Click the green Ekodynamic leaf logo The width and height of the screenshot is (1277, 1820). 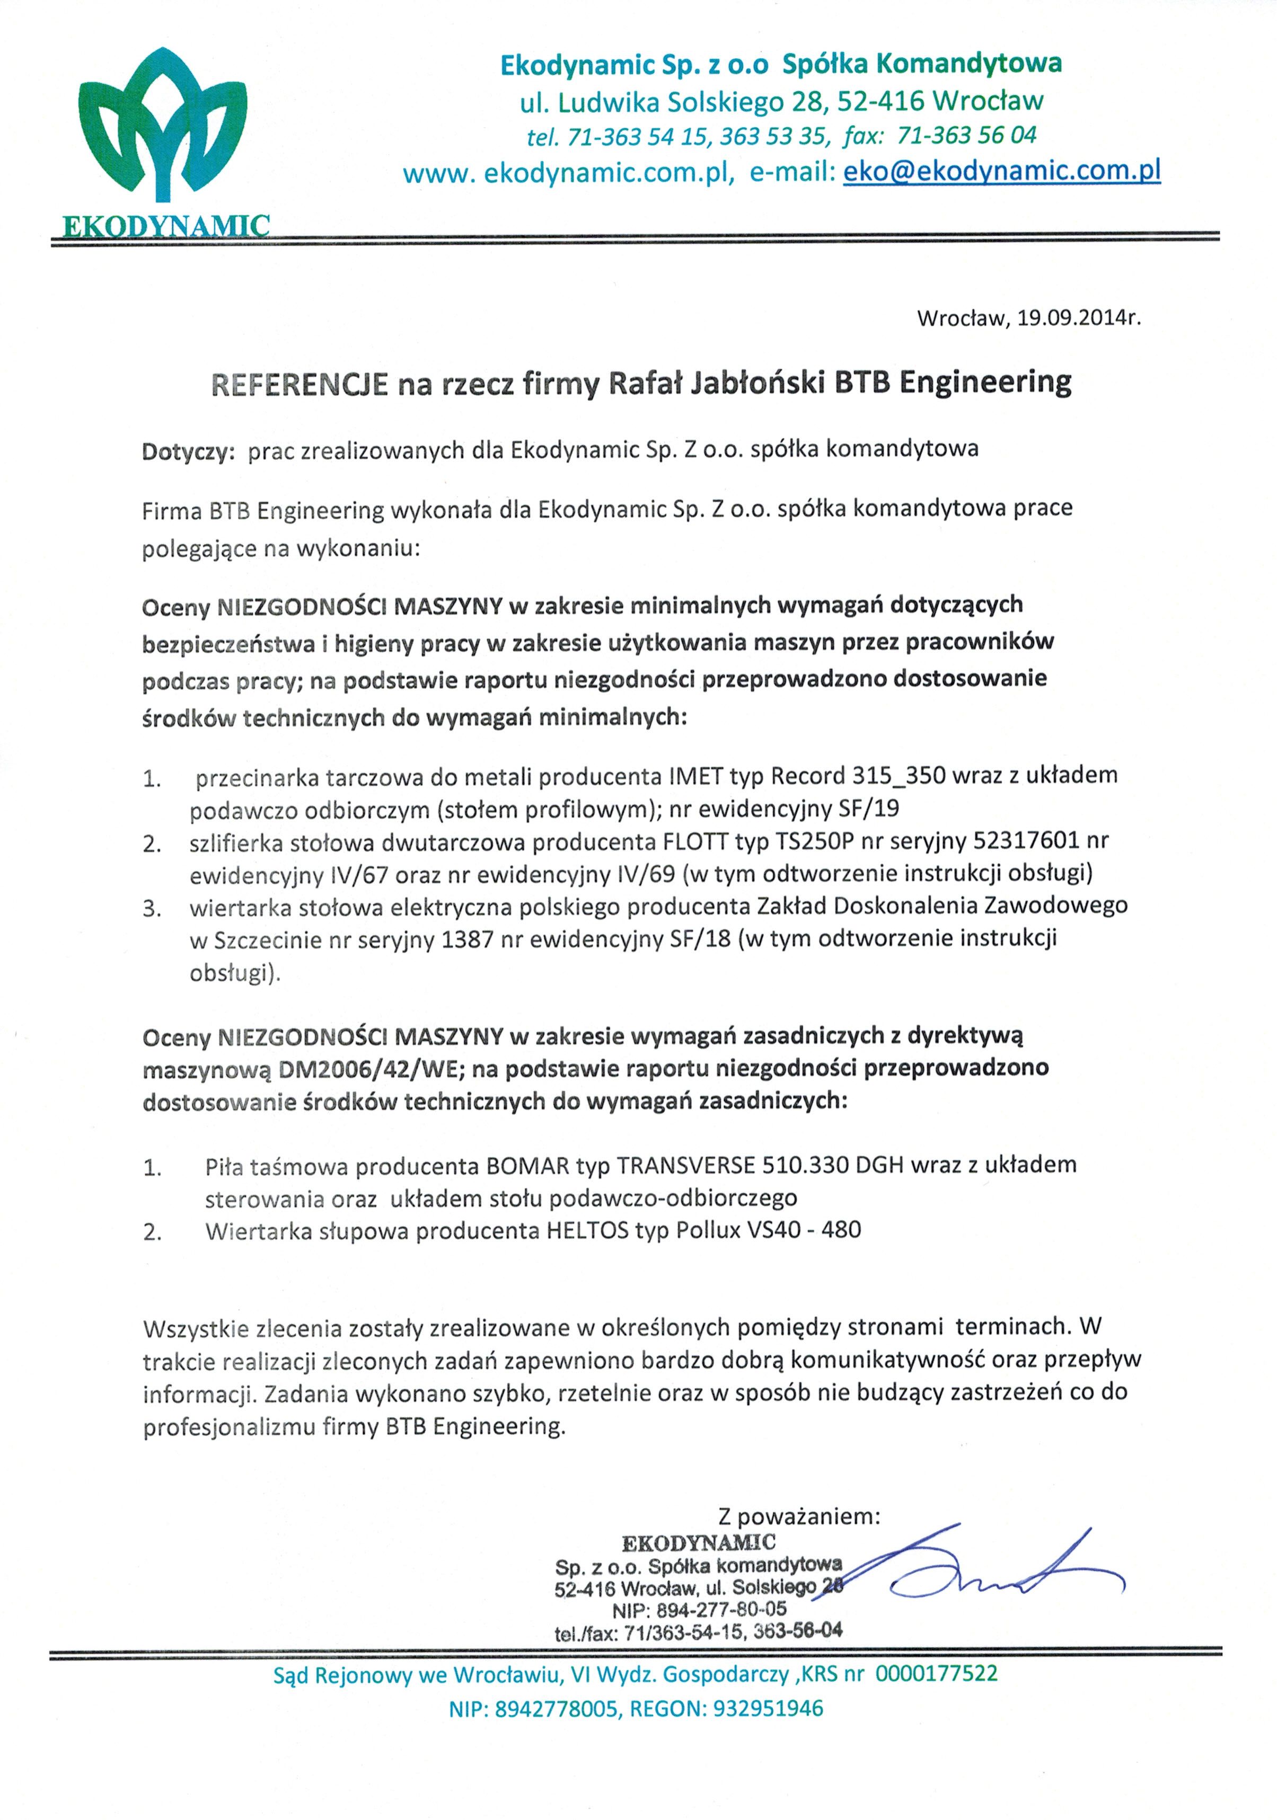pyautogui.click(x=161, y=127)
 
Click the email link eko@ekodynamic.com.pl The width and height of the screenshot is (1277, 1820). pyautogui.click(x=1002, y=171)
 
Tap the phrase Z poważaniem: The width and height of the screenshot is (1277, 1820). pyautogui.click(x=799, y=1517)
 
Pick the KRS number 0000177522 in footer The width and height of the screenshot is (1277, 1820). pyautogui.click(x=936, y=1674)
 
